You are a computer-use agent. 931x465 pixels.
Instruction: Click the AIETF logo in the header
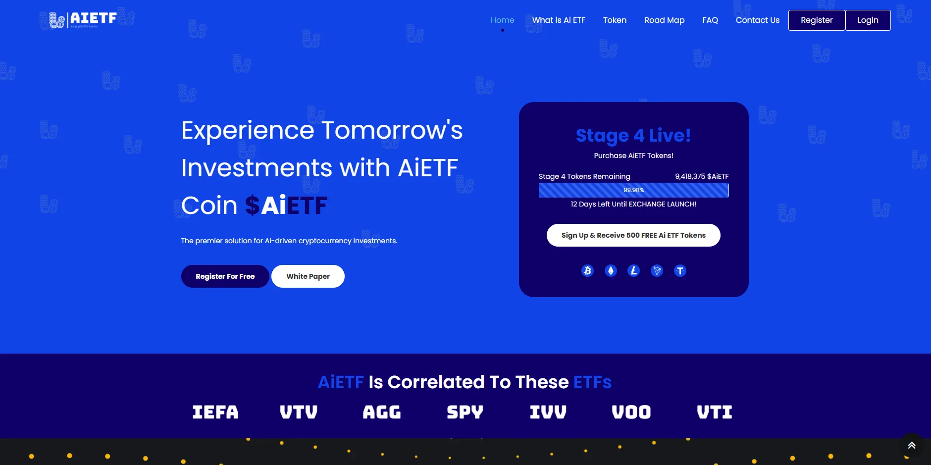(x=83, y=19)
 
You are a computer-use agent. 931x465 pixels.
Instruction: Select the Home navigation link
(x=502, y=20)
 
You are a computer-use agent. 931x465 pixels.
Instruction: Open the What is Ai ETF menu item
(x=559, y=20)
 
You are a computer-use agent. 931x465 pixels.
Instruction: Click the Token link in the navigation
(x=615, y=20)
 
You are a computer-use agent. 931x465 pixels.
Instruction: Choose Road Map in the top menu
(x=664, y=20)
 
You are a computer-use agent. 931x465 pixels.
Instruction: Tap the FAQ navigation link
(x=710, y=20)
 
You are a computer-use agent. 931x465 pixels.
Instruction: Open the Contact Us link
(x=757, y=20)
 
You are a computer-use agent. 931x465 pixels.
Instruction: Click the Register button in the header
(x=817, y=20)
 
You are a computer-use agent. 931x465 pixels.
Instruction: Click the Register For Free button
(x=225, y=276)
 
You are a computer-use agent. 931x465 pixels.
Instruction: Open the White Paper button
(x=308, y=276)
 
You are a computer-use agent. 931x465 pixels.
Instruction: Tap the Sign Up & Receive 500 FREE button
(x=633, y=235)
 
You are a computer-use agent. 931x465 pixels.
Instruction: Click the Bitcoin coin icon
(x=587, y=271)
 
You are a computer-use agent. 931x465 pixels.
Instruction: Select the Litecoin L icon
(x=633, y=271)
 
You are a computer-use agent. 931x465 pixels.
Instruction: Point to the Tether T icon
(x=680, y=271)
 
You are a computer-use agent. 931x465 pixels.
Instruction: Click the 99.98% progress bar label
(x=633, y=190)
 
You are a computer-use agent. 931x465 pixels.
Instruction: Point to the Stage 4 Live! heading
(x=633, y=135)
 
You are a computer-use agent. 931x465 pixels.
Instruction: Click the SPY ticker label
(x=465, y=412)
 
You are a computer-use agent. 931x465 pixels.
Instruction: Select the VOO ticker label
(x=631, y=412)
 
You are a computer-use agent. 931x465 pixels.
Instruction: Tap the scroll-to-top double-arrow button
(x=912, y=445)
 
